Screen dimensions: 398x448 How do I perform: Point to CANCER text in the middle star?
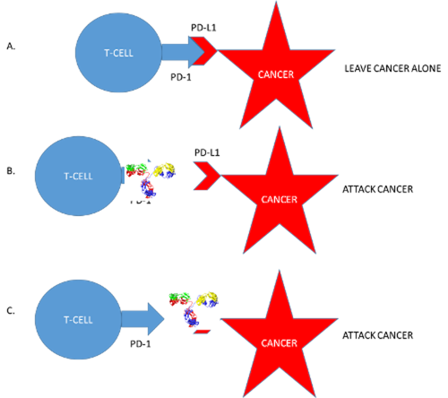pos(277,199)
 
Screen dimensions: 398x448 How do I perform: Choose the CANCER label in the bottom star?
pos(279,342)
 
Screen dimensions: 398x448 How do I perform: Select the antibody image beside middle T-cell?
pos(151,181)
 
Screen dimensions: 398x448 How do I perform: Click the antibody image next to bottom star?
pos(194,311)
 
